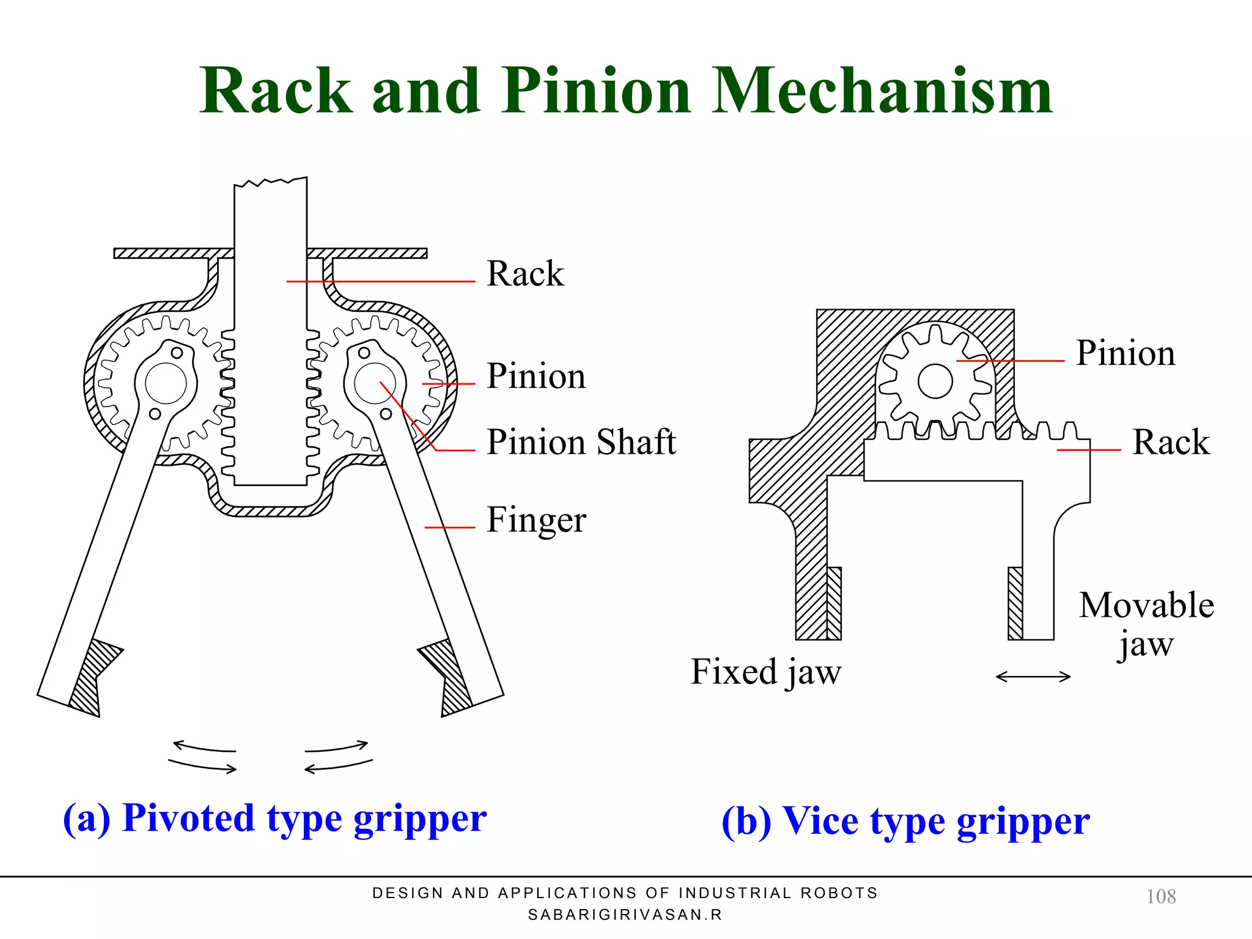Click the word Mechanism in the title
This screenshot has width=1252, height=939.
click(x=882, y=92)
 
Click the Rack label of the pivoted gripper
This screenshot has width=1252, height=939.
click(x=525, y=273)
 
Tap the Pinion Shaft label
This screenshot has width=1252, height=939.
click(x=581, y=442)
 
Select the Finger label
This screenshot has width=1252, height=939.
click(x=536, y=520)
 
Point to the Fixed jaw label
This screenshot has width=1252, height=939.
click(x=765, y=672)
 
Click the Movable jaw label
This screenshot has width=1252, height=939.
click(x=1146, y=624)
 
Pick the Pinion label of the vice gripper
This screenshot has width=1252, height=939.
click(x=1125, y=353)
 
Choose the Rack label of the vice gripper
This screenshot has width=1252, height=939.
click(x=1171, y=442)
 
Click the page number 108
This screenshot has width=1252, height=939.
click(x=1160, y=897)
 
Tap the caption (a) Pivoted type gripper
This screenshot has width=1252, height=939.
click(x=274, y=819)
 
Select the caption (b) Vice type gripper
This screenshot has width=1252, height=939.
click(x=905, y=821)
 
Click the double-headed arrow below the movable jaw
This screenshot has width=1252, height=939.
click(x=1033, y=677)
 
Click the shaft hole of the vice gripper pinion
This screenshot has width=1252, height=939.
click(x=935, y=381)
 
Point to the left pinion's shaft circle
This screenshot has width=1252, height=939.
click(x=166, y=383)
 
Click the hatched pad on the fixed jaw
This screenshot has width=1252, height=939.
click(x=834, y=603)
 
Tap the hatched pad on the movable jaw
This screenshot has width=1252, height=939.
click(x=1015, y=603)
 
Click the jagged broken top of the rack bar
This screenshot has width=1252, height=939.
click(x=270, y=182)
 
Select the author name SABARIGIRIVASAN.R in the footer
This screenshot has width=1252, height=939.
click(x=625, y=915)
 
